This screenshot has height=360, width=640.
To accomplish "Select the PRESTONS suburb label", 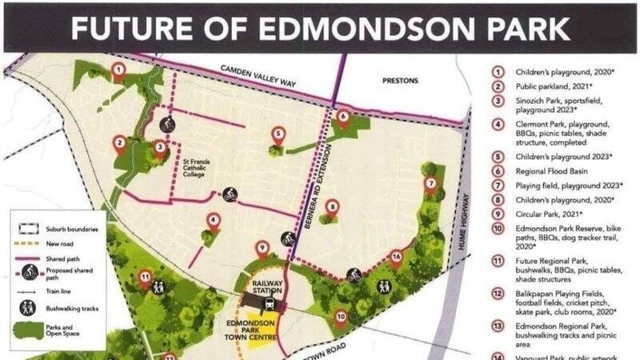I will point(401,81).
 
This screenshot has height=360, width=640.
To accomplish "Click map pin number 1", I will point(118,71).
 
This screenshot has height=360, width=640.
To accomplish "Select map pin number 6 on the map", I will point(343,117).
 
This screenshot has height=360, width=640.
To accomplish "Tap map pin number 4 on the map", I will point(214,221).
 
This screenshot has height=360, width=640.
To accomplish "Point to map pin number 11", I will point(145,279).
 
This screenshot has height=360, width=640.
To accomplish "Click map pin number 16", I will point(395,258).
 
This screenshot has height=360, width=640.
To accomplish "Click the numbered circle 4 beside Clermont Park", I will point(497,125).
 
